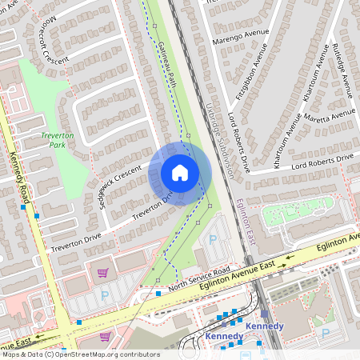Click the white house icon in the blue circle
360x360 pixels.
click(x=180, y=173)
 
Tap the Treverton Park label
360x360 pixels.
click(x=57, y=141)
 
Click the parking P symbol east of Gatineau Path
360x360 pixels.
click(x=213, y=238)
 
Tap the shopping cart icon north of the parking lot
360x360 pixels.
click(x=102, y=273)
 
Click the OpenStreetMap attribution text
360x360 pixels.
click(x=80, y=354)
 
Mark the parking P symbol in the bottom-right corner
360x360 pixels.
click(x=325, y=332)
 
